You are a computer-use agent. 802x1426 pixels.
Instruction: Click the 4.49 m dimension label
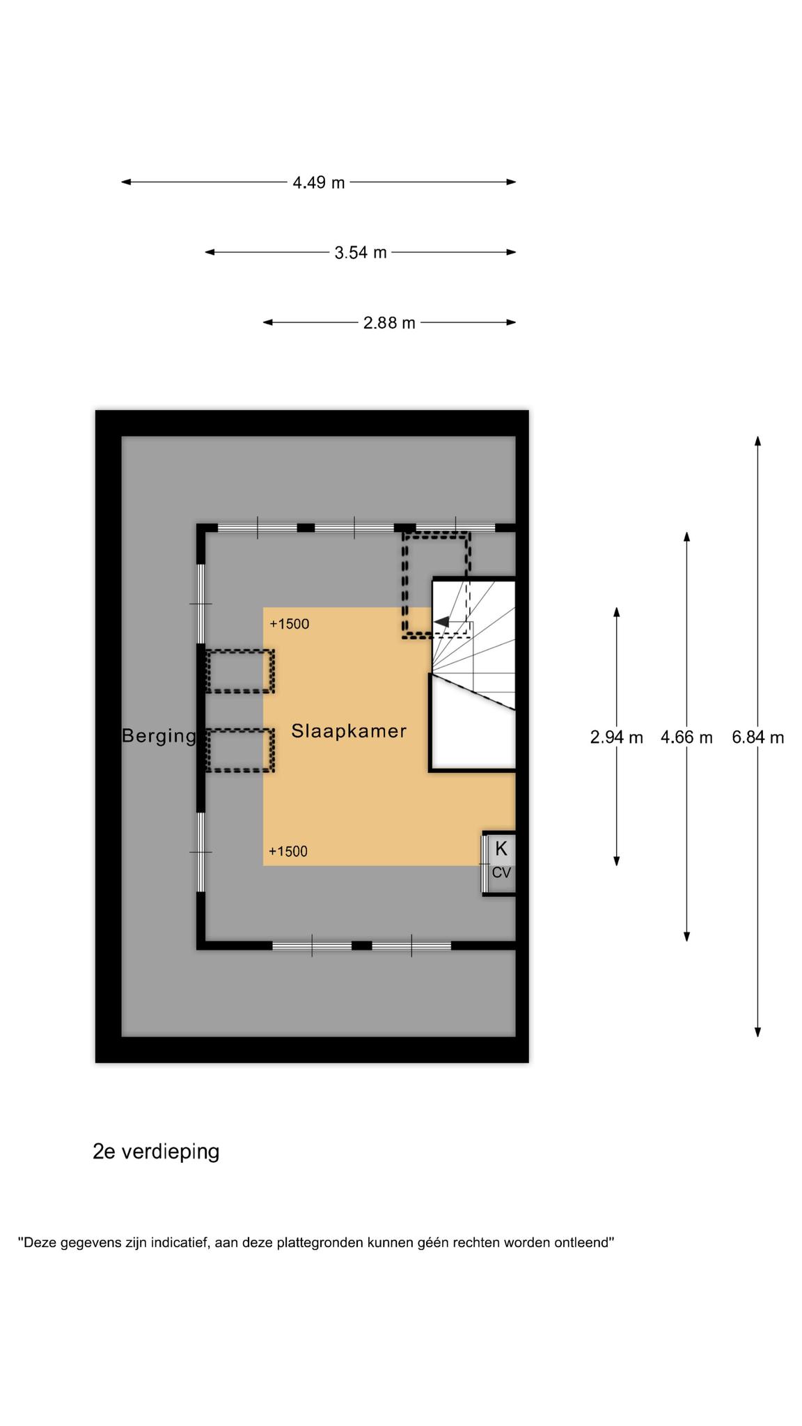(319, 182)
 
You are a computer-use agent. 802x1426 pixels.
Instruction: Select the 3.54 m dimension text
(361, 252)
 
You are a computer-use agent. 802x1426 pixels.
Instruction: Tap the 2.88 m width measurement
(389, 322)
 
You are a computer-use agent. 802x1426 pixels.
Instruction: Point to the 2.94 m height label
(616, 737)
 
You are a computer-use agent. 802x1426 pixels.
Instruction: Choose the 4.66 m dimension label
(686, 737)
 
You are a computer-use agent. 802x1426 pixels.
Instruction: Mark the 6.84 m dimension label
(757, 737)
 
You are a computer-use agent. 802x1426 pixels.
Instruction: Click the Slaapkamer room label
(349, 731)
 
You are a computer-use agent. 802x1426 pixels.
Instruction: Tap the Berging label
(159, 736)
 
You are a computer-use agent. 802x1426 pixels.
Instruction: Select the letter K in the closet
(501, 849)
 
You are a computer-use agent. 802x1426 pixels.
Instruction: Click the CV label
(501, 872)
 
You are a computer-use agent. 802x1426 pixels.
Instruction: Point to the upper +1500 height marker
(289, 624)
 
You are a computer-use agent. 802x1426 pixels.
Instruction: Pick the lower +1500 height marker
(288, 851)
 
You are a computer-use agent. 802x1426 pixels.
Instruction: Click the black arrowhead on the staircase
(441, 621)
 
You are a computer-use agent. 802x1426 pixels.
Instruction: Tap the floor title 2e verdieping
(156, 1152)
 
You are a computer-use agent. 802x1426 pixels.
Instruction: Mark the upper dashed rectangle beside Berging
(239, 671)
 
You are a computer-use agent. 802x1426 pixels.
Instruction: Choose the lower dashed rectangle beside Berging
(239, 750)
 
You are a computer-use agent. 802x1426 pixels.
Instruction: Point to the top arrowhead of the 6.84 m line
(757, 441)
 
